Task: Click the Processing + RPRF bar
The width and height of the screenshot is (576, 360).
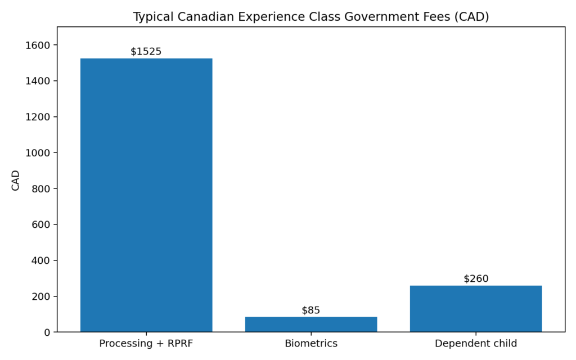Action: point(146,195)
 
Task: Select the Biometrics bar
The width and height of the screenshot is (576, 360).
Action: point(311,325)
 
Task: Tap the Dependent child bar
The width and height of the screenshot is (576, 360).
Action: point(476,309)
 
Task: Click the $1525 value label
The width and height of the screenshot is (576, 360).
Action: point(146,52)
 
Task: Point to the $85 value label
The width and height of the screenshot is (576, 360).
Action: point(311,310)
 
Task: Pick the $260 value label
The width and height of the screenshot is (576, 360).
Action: point(476,279)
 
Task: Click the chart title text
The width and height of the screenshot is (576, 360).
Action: point(311,17)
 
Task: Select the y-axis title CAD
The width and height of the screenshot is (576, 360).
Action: point(16,180)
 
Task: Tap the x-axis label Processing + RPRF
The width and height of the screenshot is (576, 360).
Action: point(146,344)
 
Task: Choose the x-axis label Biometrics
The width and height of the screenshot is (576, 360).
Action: point(311,344)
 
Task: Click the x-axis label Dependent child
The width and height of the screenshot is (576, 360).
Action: point(476,344)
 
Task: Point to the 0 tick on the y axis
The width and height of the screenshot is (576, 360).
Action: point(47,332)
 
